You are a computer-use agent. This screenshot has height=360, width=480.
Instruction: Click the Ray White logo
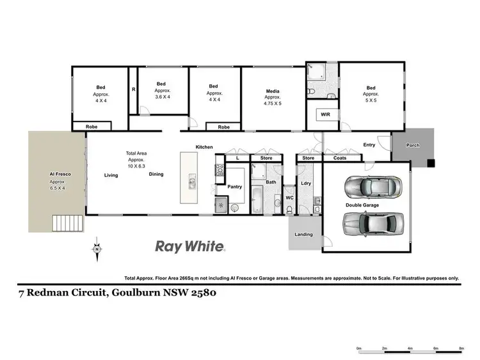190,246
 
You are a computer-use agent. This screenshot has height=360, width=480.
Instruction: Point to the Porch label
413,145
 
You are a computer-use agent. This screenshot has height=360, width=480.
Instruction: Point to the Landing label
303,235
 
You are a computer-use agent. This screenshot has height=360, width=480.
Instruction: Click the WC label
289,198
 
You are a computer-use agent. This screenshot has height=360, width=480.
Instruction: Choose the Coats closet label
339,157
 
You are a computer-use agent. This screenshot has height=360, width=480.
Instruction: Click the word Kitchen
204,148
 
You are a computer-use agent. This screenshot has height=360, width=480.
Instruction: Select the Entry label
369,145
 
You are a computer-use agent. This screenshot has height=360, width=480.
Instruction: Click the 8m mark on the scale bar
461,349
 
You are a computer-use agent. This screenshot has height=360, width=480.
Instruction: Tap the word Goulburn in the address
140,294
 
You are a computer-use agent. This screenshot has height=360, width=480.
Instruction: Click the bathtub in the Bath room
257,200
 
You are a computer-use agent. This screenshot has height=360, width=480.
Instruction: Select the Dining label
156,175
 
